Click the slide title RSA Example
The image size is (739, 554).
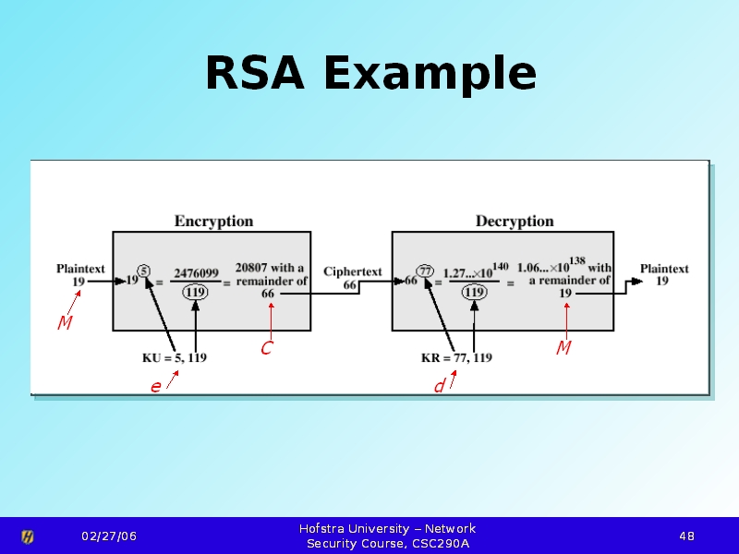tap(369, 74)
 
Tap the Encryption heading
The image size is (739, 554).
tap(213, 222)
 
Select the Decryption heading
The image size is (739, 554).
tap(515, 222)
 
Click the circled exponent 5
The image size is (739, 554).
tap(144, 271)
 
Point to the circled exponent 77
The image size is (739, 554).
tap(425, 271)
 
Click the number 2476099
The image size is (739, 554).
tap(196, 273)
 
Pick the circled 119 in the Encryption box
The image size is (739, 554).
tap(194, 292)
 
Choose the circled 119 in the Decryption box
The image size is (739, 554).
tap(474, 292)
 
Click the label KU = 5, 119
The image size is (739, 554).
tap(175, 358)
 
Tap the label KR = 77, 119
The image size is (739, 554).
tap(456, 358)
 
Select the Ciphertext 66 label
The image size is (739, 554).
tap(352, 279)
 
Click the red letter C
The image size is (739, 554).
tap(266, 348)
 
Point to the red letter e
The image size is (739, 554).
tap(156, 387)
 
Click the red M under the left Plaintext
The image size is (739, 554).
tap(65, 323)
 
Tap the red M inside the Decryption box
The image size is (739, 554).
tap(563, 347)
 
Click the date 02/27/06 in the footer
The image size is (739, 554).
tap(108, 536)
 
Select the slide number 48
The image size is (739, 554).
tap(686, 536)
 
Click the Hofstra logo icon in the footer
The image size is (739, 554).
tap(28, 536)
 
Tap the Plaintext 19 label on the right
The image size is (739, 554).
tap(664, 275)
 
